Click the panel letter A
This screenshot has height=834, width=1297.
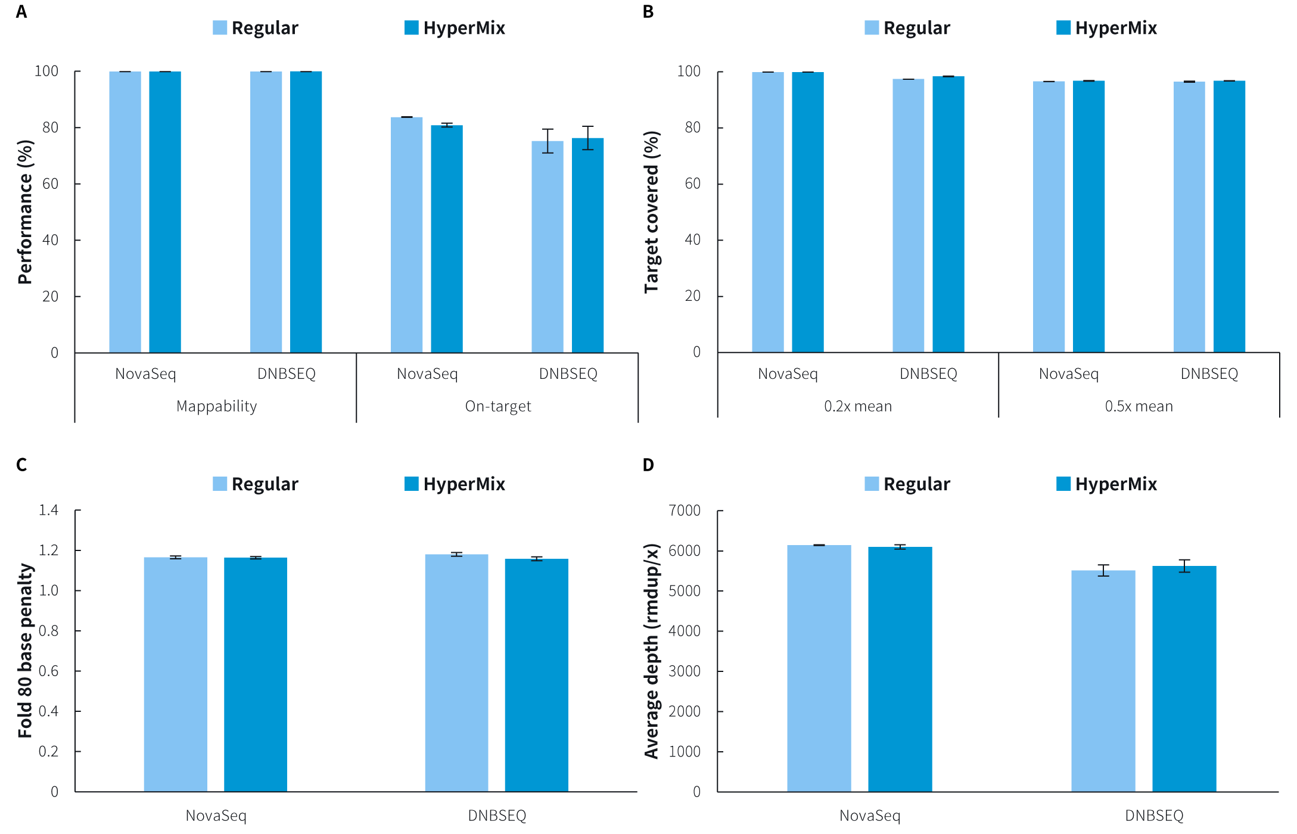click(x=21, y=12)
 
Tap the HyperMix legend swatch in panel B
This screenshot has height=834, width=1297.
click(x=1063, y=27)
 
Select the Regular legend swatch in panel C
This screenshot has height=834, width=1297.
click(x=220, y=484)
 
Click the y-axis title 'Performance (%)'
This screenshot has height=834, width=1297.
click(x=25, y=212)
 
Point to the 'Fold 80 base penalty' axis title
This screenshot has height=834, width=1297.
click(x=25, y=651)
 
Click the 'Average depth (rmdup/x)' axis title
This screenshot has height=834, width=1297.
click(x=652, y=651)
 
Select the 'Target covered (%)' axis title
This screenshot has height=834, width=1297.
click(x=652, y=212)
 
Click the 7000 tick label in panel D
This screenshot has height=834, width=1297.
click(x=685, y=511)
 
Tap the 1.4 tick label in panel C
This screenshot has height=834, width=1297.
click(x=48, y=510)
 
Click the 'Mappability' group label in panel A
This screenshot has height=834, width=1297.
click(x=217, y=406)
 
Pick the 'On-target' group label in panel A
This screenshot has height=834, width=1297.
click(x=498, y=406)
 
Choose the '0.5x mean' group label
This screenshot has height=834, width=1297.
click(x=1139, y=406)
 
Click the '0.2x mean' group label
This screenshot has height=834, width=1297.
click(x=858, y=406)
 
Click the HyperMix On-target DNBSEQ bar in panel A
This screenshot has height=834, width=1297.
click(x=587, y=245)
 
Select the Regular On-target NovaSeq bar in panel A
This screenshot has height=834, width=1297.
click(x=406, y=235)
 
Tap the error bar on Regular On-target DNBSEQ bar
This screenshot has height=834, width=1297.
click(x=548, y=141)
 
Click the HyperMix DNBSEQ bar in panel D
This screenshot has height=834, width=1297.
click(x=1184, y=679)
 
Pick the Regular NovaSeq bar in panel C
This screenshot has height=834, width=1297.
click(x=176, y=674)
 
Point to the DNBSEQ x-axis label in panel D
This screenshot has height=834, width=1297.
click(x=1154, y=816)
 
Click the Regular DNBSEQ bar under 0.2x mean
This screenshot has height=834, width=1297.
click(x=908, y=216)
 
